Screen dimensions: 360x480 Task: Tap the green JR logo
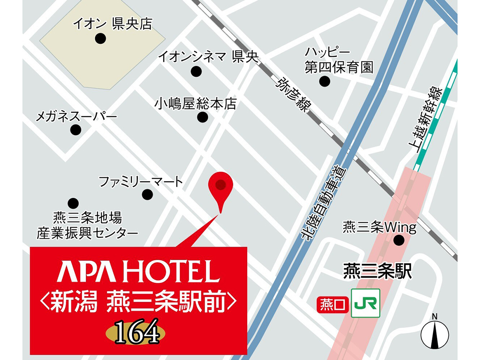click(365, 303)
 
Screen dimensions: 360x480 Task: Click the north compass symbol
click(435, 333)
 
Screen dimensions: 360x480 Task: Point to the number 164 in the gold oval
click(137, 333)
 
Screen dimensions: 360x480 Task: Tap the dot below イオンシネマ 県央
click(196, 72)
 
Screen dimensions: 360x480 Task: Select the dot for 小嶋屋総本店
click(203, 118)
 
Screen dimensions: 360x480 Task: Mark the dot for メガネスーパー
click(76, 129)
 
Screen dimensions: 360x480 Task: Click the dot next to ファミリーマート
click(147, 195)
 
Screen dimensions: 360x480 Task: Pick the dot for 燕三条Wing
click(399, 240)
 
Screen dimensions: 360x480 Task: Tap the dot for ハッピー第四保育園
click(325, 81)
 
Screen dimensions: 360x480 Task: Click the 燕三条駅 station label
click(378, 271)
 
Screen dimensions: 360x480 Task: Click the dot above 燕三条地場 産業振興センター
click(73, 203)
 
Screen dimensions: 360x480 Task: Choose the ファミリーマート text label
click(141, 181)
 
